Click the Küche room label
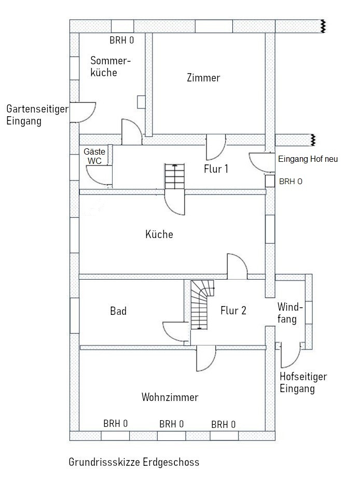(x=159, y=234)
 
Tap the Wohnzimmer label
(x=170, y=398)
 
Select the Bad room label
(x=118, y=311)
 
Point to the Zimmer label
(x=203, y=78)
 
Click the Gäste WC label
(x=94, y=156)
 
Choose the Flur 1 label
(x=216, y=169)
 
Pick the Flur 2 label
(x=233, y=311)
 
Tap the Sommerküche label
(x=110, y=66)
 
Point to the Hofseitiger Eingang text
(x=303, y=383)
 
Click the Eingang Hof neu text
(x=308, y=159)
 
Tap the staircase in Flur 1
(x=174, y=177)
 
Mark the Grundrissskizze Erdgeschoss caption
(x=134, y=462)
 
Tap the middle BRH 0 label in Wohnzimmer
(x=172, y=424)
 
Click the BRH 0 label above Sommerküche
(x=122, y=41)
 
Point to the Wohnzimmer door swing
(x=205, y=358)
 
